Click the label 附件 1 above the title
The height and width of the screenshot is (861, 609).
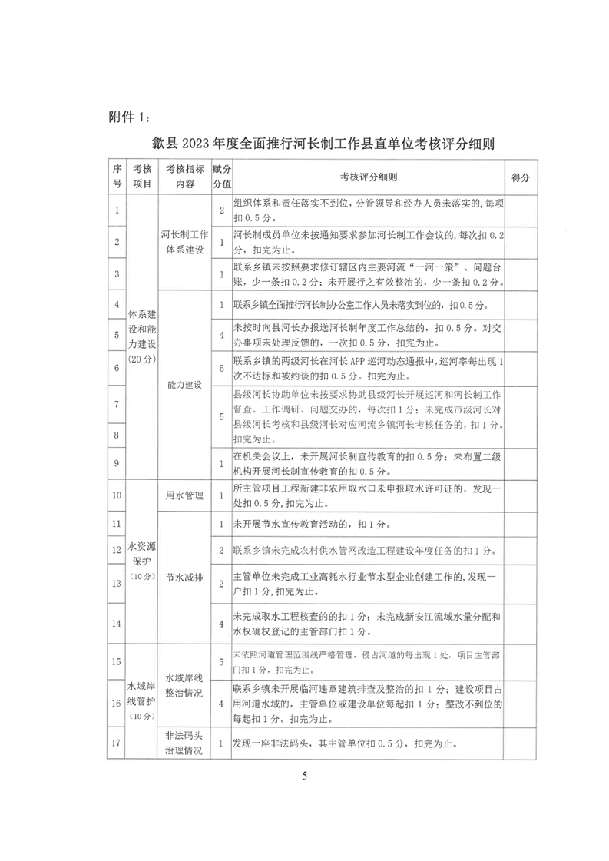(x=131, y=117)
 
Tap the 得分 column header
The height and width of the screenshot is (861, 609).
(x=520, y=177)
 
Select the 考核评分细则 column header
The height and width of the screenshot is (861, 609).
(x=368, y=177)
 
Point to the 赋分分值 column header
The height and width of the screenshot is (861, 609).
(x=221, y=177)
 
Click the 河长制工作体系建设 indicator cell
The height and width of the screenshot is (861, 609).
(x=184, y=241)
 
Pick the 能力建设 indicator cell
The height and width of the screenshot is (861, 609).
(x=184, y=385)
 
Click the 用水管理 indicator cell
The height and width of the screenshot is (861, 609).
(x=184, y=495)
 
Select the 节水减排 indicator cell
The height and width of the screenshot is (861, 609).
(x=184, y=575)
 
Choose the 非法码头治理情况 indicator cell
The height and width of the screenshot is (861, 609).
(x=184, y=743)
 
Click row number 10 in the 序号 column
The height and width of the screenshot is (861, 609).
(x=117, y=495)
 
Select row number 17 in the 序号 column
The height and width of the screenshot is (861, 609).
(x=117, y=743)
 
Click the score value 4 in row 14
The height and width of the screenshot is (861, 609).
(x=221, y=624)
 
